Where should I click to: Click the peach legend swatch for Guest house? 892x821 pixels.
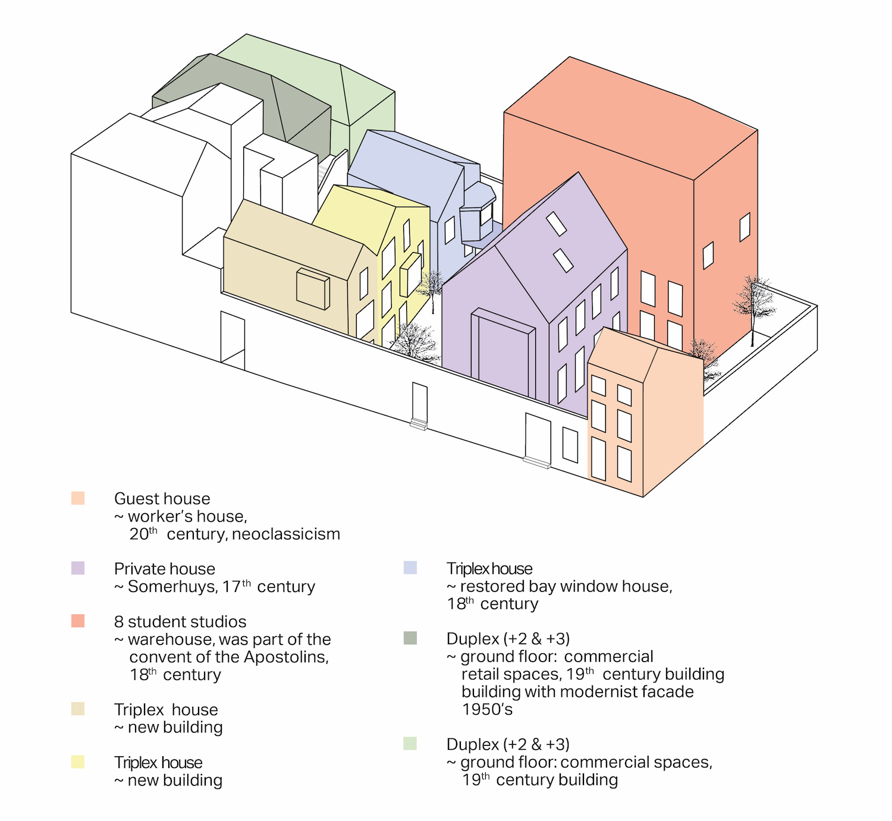(78, 498)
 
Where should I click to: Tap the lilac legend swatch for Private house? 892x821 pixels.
(78, 568)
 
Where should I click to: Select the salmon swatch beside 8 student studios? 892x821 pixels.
(78, 621)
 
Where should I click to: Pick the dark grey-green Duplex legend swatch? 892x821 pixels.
(410, 638)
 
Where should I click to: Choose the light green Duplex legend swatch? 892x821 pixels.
(410, 744)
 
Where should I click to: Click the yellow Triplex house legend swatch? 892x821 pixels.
(78, 762)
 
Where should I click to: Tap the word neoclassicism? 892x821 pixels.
(286, 534)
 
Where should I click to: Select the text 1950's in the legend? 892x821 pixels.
(487, 709)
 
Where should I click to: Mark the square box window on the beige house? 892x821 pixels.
(313, 289)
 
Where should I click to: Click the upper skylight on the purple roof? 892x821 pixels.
(557, 224)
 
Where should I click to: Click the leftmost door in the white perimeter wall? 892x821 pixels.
(233, 338)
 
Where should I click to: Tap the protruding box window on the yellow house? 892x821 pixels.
(410, 274)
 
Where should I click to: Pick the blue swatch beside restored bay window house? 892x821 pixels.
(410, 568)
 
